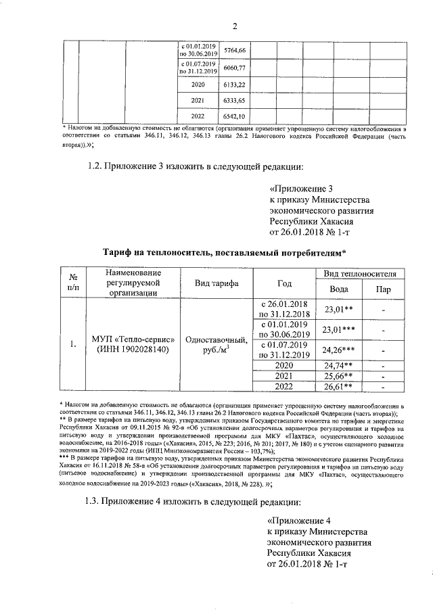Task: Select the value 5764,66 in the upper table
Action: tap(233, 51)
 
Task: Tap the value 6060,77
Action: tap(233, 68)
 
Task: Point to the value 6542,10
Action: tap(233, 117)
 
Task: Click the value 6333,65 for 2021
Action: tap(233, 101)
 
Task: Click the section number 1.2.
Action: tap(98, 167)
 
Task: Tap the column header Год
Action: tap(285, 283)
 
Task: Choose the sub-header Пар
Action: tap(383, 289)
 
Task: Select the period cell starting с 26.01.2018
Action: tap(285, 308)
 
